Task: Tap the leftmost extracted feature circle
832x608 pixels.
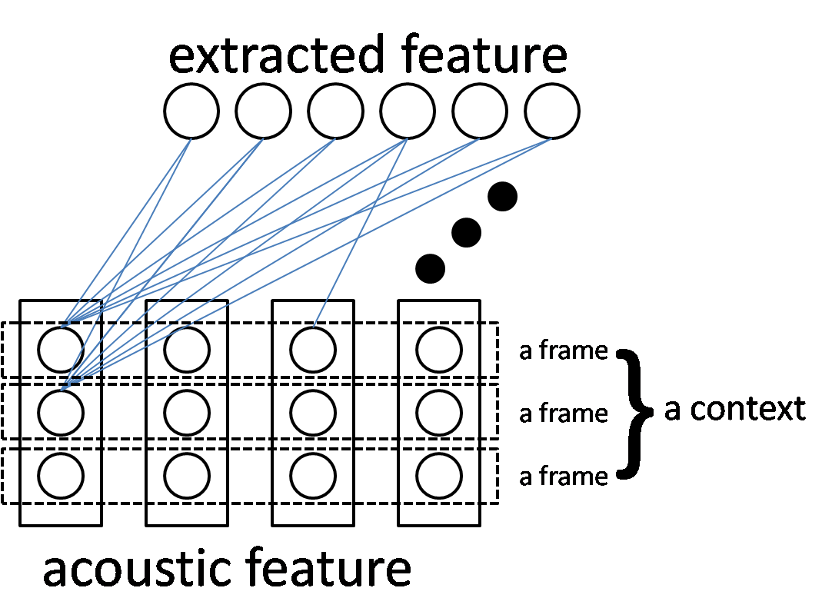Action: [x=191, y=112]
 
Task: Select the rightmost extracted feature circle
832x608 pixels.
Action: [x=552, y=112]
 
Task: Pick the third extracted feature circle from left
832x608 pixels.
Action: [x=335, y=112]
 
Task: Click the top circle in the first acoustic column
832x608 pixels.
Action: [x=61, y=350]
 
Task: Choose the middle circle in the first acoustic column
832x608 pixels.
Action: [x=61, y=413]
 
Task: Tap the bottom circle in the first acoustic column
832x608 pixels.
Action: [x=61, y=476]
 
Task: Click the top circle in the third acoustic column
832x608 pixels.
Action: [x=313, y=350]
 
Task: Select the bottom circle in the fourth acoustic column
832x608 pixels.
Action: [x=439, y=476]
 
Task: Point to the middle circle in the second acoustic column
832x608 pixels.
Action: [x=187, y=413]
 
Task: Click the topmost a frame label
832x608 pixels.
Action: [x=564, y=351]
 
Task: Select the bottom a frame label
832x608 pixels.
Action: [x=564, y=477]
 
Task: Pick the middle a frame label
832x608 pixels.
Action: [x=564, y=414]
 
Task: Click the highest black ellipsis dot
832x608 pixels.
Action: [x=503, y=196]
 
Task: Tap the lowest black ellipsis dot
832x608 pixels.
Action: [x=430, y=268]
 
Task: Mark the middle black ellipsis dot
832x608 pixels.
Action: [x=466, y=232]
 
